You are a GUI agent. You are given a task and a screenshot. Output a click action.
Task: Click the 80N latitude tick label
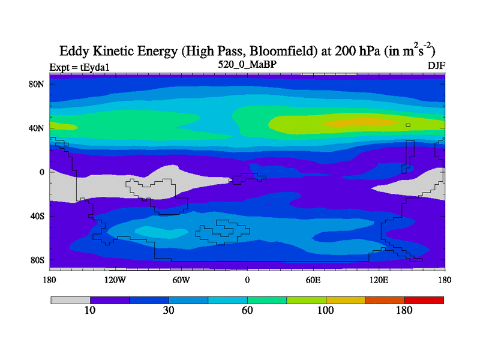pyautogui.click(x=37, y=84)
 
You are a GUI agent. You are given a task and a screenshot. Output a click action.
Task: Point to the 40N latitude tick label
pyautogui.click(x=37, y=128)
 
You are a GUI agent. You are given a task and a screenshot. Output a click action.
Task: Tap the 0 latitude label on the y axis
pyautogui.click(x=42, y=172)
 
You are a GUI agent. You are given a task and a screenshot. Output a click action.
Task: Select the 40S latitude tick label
pyautogui.click(x=37, y=216)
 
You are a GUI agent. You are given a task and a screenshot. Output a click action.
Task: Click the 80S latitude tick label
pyautogui.click(x=37, y=260)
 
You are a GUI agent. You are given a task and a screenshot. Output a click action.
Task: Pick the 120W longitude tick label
pyautogui.click(x=115, y=280)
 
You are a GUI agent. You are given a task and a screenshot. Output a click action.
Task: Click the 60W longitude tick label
pyautogui.click(x=181, y=280)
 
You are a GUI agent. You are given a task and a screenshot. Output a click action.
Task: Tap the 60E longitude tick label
pyautogui.click(x=313, y=280)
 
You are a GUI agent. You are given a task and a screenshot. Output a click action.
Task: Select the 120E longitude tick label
pyautogui.click(x=379, y=280)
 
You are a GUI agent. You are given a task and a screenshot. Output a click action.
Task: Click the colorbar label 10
pyautogui.click(x=90, y=310)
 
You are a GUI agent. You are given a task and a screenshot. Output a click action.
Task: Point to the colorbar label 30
pyautogui.click(x=169, y=310)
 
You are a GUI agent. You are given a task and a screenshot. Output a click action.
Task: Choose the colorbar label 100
pyautogui.click(x=326, y=310)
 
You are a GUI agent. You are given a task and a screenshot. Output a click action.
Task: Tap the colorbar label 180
pyautogui.click(x=404, y=310)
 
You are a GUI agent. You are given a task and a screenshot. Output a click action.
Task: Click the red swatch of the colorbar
pyautogui.click(x=424, y=300)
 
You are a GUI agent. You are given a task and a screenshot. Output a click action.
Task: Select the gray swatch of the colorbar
pyautogui.click(x=70, y=300)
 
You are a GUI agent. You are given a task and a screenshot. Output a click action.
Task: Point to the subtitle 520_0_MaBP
pyautogui.click(x=247, y=64)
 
